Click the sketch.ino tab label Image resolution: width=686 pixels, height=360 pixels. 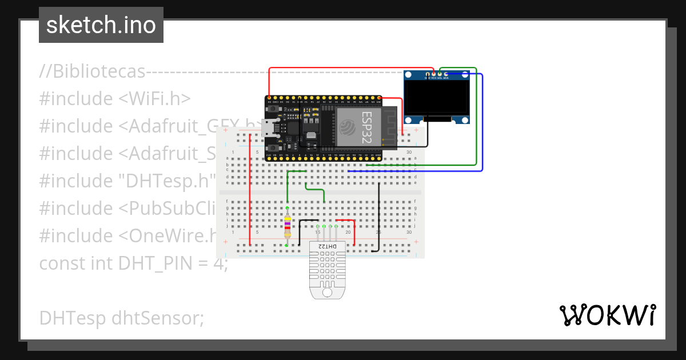(101, 25)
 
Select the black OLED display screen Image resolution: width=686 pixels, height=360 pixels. (437, 97)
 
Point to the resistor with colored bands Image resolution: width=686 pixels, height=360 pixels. (287, 226)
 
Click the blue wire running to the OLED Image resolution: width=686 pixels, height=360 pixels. (482, 126)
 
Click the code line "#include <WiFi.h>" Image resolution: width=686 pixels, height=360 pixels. (115, 98)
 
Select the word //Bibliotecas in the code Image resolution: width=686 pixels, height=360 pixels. (92, 71)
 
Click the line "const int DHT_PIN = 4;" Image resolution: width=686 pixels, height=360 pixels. (133, 263)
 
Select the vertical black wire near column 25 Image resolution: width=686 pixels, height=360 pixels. (378, 217)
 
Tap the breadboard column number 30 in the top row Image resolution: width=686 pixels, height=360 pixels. (409, 152)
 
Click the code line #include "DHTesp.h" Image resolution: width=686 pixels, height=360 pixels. (127, 181)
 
